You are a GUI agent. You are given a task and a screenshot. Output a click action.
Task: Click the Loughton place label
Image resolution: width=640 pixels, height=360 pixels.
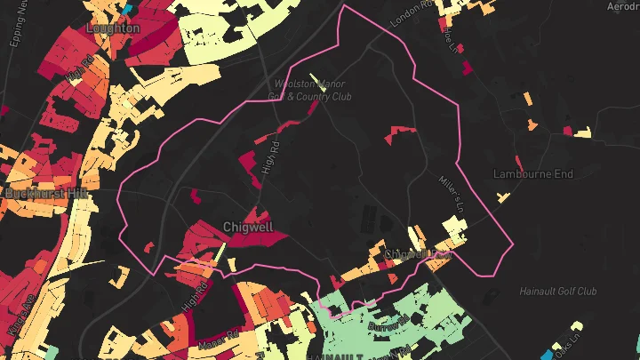coord(113,28)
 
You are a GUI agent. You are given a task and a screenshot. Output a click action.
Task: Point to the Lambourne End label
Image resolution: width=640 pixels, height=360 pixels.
coord(533,174)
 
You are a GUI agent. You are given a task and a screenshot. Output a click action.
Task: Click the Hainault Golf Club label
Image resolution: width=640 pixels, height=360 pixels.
coord(559,292)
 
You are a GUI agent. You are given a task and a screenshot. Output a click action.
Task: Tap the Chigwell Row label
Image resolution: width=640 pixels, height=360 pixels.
coord(418,254)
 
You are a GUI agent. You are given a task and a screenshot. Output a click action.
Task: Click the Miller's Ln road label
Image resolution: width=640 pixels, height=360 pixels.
coord(452,190)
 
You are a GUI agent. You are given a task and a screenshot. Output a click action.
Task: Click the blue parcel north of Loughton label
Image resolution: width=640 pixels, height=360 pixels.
coord(127,8)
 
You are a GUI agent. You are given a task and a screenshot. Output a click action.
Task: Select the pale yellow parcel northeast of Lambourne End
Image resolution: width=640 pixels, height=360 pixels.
coord(583,133)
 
